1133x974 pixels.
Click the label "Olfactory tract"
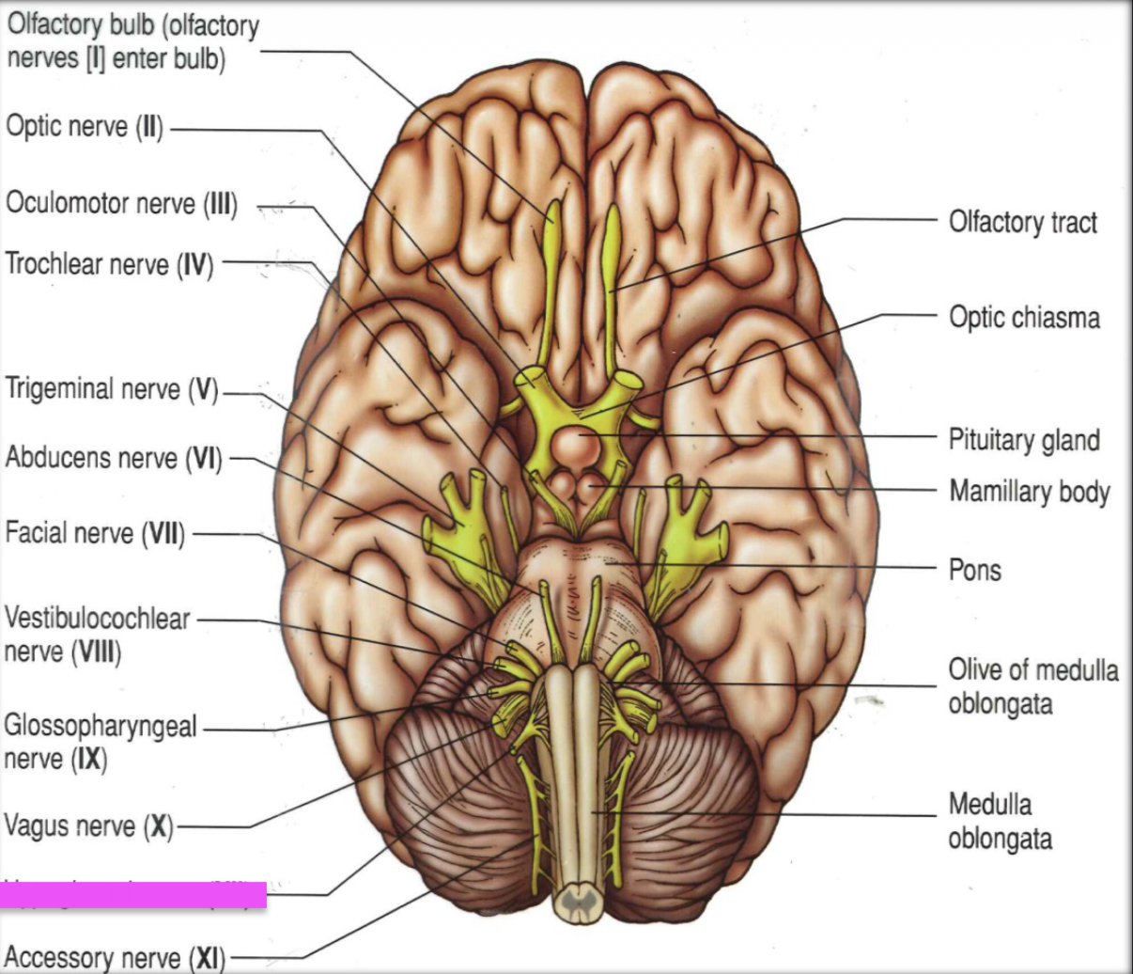(x=1022, y=222)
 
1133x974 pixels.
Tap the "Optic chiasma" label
(x=1024, y=317)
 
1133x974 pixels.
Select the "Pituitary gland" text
(x=1024, y=439)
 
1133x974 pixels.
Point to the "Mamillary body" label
(x=1029, y=491)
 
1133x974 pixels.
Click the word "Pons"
(x=974, y=570)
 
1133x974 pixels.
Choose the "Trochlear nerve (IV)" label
(x=109, y=264)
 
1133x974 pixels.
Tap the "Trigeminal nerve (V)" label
(x=111, y=388)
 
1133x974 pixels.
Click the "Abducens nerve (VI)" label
(x=113, y=458)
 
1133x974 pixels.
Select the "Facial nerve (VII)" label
(x=95, y=534)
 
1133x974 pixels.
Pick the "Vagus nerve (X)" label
(x=88, y=826)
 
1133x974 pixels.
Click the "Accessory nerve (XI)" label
(x=116, y=958)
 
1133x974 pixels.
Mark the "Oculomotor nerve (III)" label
(x=121, y=203)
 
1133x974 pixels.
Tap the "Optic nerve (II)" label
(x=85, y=126)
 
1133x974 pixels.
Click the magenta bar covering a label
(x=132, y=895)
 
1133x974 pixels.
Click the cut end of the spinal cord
(x=576, y=903)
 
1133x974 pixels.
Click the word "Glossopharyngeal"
(x=101, y=726)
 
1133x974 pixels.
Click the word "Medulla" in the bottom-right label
(x=989, y=805)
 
